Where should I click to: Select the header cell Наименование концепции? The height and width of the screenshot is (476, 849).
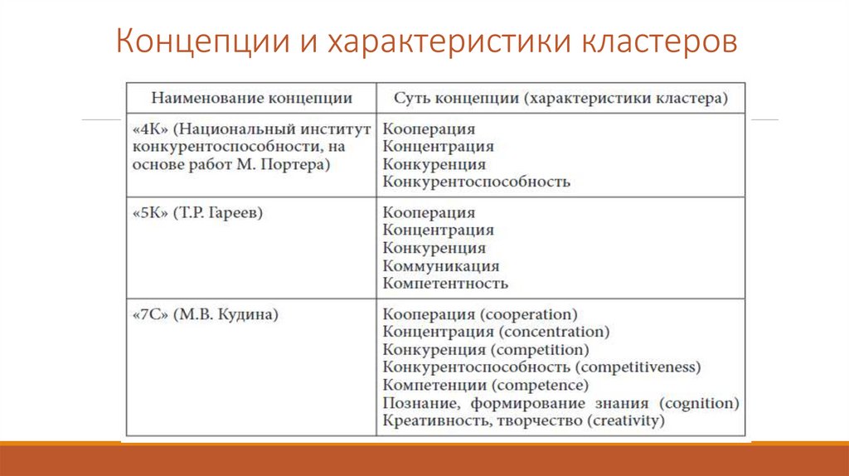click(x=251, y=98)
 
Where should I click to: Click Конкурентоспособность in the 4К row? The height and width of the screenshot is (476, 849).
click(x=477, y=182)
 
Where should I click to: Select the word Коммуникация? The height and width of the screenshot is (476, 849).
click(x=441, y=266)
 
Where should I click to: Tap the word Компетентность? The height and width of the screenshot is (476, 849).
click(x=445, y=284)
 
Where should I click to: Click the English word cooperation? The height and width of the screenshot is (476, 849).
click(x=528, y=314)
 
